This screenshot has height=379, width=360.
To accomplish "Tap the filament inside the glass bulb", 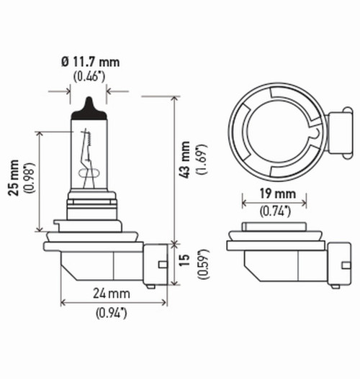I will coord(88,155).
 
